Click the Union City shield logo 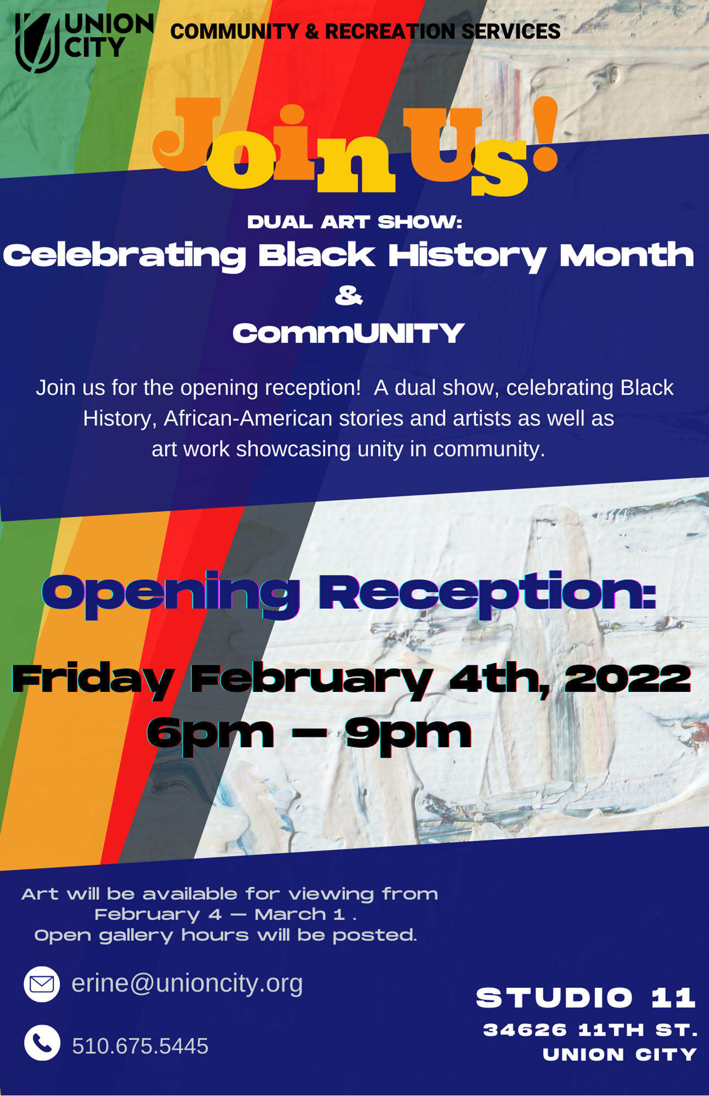[x=37, y=43]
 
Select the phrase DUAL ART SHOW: [x=355, y=222]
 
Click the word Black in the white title [x=317, y=256]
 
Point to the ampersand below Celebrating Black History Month [x=349, y=296]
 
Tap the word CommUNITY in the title [x=349, y=334]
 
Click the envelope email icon [x=42, y=984]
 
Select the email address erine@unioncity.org [x=187, y=983]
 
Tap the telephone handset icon [x=42, y=1042]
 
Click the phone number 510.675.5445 [x=140, y=1046]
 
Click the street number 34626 [x=525, y=1030]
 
